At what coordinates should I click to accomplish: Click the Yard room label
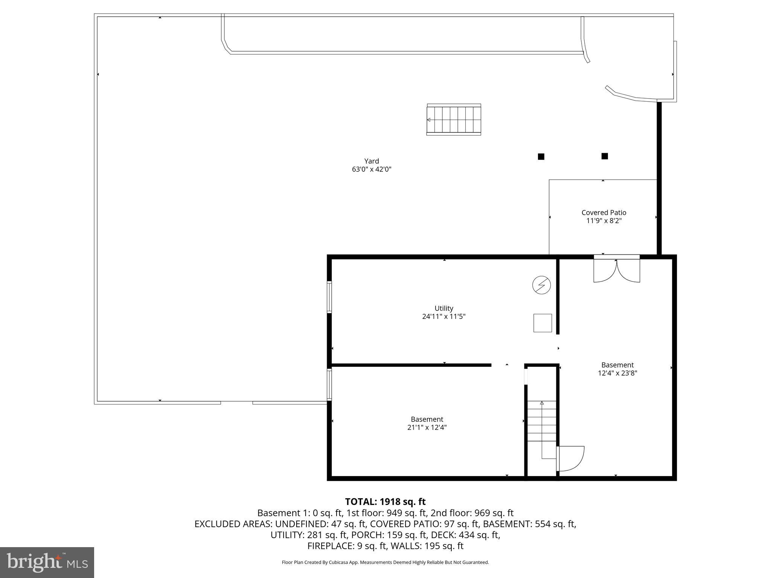371,161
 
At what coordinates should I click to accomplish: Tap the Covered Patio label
604,213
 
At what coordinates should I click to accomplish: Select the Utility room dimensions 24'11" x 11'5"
443,316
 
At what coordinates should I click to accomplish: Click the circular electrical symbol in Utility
541,285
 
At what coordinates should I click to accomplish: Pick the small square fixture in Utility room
542,323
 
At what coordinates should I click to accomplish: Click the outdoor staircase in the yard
454,120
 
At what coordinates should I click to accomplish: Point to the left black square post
541,157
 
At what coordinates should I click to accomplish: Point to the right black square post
605,156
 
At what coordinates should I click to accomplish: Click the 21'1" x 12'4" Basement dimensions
427,427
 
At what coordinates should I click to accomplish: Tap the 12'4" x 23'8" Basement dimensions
617,373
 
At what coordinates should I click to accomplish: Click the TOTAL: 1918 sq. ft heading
385,502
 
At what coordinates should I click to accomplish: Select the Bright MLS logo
47,562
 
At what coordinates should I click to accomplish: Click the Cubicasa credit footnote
385,563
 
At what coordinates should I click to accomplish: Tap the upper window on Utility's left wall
329,297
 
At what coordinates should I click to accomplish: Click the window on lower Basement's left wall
329,384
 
